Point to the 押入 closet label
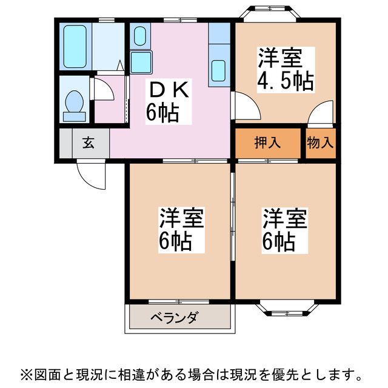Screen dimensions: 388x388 pyautogui.click(x=267, y=143)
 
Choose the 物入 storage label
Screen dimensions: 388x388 pyautogui.click(x=319, y=143)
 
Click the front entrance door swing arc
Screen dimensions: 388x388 pyautogui.click(x=91, y=176)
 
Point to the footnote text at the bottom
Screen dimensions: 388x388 pyautogui.click(x=194, y=372)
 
